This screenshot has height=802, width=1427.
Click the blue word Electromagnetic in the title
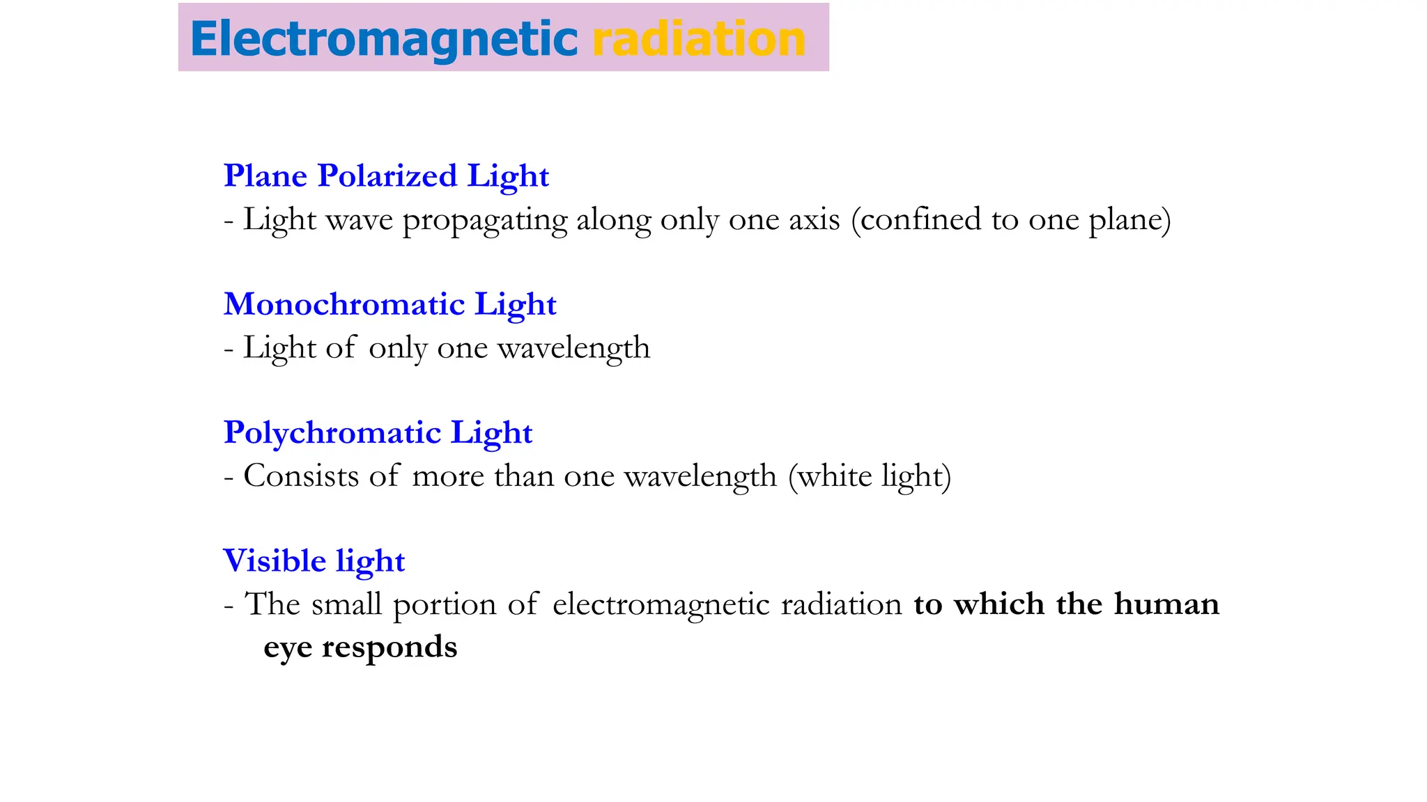[x=383, y=39]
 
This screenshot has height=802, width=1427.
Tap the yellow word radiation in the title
[x=699, y=39]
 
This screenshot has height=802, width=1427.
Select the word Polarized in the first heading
[x=387, y=175]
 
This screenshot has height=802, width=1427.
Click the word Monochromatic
[x=344, y=304]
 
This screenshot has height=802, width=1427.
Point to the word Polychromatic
[x=332, y=433]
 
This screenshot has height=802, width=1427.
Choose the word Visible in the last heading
[x=275, y=560]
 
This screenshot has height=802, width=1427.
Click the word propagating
[x=485, y=221]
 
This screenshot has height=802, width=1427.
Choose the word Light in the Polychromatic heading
[x=491, y=433]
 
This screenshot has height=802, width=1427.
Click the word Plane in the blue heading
[x=265, y=175]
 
